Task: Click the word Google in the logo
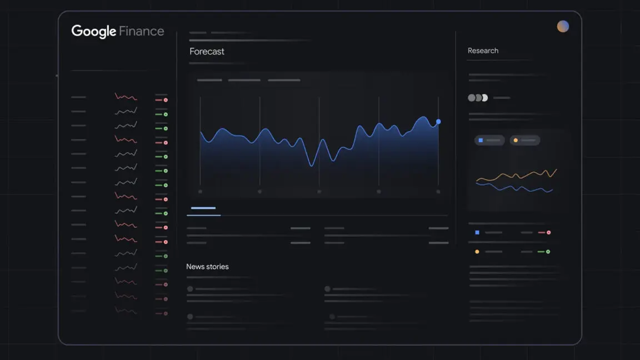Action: point(93,31)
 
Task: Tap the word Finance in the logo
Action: point(142,31)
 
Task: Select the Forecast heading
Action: point(207,51)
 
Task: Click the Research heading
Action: point(483,51)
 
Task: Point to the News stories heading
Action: point(207,267)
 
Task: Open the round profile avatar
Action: point(563,26)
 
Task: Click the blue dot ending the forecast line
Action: point(438,121)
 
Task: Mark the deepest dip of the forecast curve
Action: point(312,165)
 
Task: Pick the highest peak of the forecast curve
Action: point(423,117)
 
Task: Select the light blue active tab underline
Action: point(203,208)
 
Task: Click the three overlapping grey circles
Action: point(478,98)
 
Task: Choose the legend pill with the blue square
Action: point(489,141)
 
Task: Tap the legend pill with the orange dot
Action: point(524,141)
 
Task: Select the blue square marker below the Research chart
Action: point(477,232)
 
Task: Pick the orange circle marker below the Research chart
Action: point(477,252)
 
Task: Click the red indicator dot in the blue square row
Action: point(548,232)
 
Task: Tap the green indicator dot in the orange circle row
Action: point(548,252)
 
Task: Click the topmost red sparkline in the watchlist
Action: point(126,97)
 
